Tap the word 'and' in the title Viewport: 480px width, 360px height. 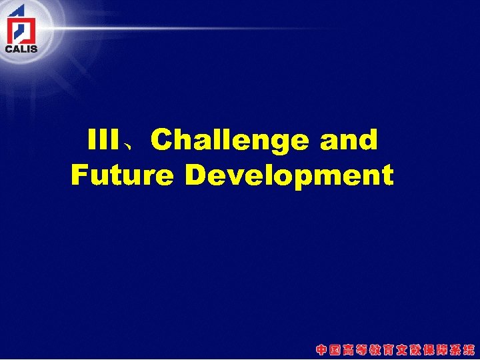(349, 141)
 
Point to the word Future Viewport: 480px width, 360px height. (124, 175)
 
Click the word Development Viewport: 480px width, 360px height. (289, 176)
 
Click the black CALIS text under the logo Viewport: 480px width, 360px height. (21, 48)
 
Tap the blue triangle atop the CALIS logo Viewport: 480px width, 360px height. (18, 10)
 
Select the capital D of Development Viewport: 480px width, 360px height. (197, 175)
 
